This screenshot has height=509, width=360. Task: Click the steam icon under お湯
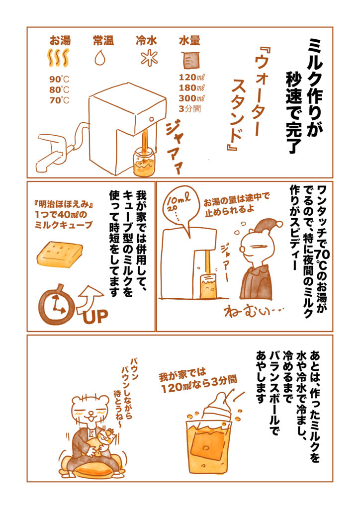click(59, 58)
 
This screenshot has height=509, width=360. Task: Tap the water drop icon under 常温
click(100, 58)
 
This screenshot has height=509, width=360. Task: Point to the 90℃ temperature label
click(59, 79)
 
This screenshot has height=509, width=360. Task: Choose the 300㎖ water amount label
click(191, 98)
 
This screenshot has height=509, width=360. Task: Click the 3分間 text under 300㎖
click(189, 108)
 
